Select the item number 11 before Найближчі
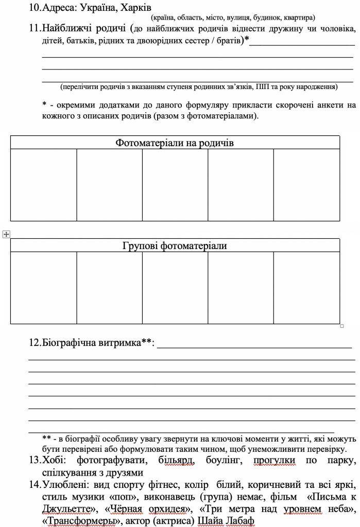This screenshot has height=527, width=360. (35, 29)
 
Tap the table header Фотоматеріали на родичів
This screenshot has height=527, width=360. (175, 143)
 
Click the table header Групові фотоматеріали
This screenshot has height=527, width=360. (175, 245)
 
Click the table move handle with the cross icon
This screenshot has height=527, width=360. (6, 235)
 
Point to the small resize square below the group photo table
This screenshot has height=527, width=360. (342, 326)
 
